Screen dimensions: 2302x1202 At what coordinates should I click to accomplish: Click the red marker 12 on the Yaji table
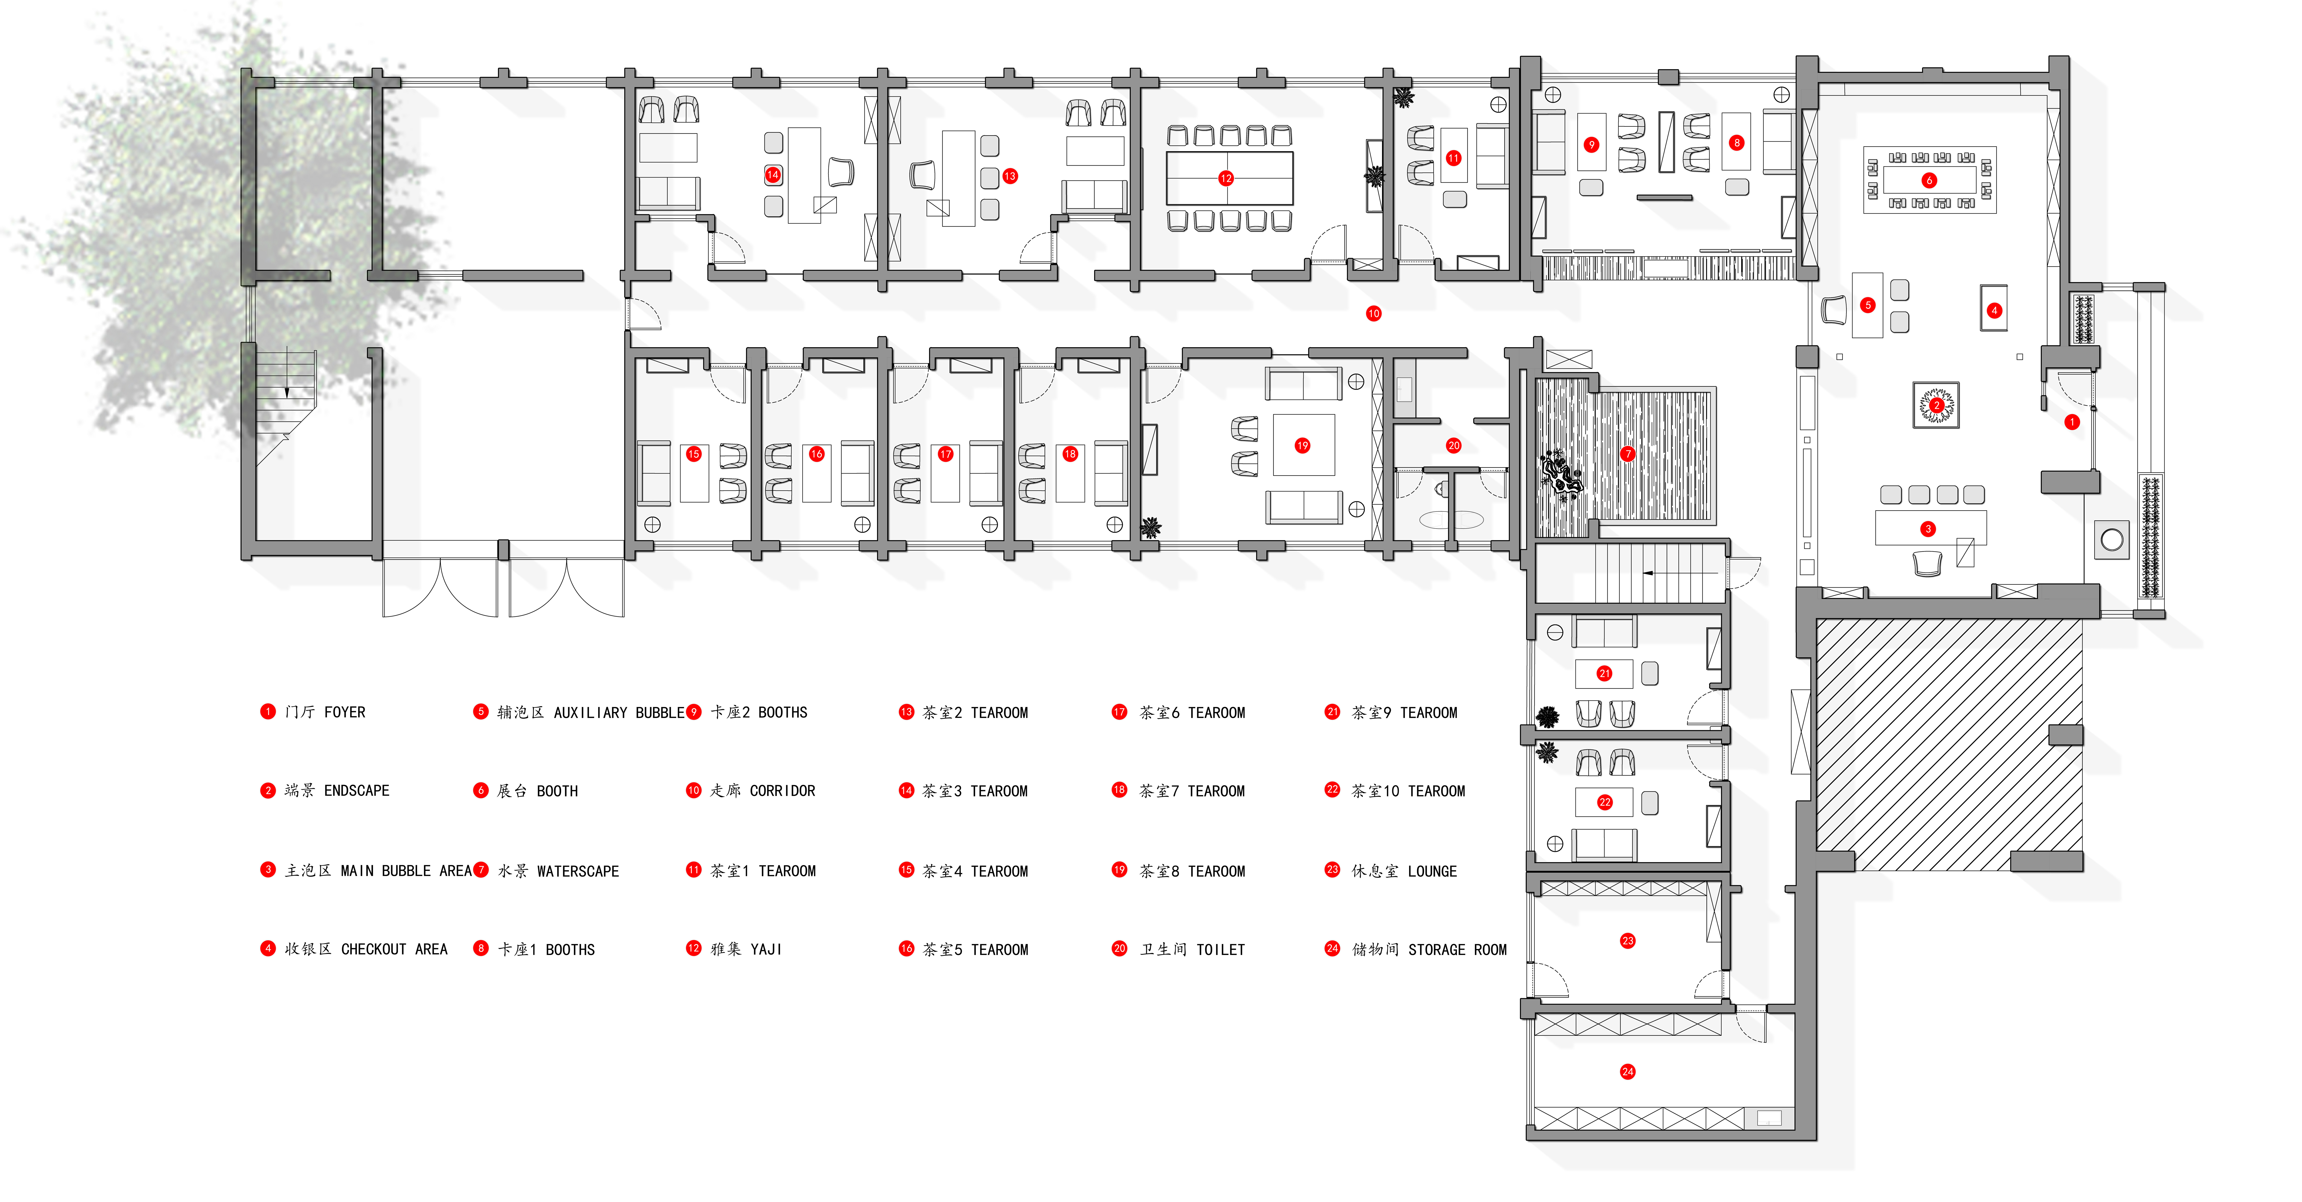pos(1226,179)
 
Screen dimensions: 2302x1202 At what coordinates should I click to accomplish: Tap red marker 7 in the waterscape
pos(1627,454)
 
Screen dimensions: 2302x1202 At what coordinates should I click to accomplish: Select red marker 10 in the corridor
pos(1374,314)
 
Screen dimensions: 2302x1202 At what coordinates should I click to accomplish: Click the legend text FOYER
pos(345,712)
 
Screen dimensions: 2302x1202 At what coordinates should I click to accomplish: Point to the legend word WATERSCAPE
pos(578,871)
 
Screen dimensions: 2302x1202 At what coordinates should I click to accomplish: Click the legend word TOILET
pos(1221,950)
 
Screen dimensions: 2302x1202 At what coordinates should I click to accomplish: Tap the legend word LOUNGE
pos(1433,871)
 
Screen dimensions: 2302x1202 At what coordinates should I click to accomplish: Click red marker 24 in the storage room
pos(1627,1071)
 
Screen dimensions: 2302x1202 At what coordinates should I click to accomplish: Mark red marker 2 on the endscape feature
pos(1936,405)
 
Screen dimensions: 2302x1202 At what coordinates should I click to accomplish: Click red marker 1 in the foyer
pos(2071,422)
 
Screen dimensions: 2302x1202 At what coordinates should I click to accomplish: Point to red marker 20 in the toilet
pos(1454,445)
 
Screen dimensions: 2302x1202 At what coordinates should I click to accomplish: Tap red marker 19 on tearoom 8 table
pos(1302,445)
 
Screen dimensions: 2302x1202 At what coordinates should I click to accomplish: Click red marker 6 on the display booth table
pos(1929,180)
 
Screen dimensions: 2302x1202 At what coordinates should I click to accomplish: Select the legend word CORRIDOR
pos(783,791)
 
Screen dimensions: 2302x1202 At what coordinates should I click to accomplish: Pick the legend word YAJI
pos(767,950)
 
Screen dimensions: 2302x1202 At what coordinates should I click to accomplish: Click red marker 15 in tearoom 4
pos(693,454)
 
